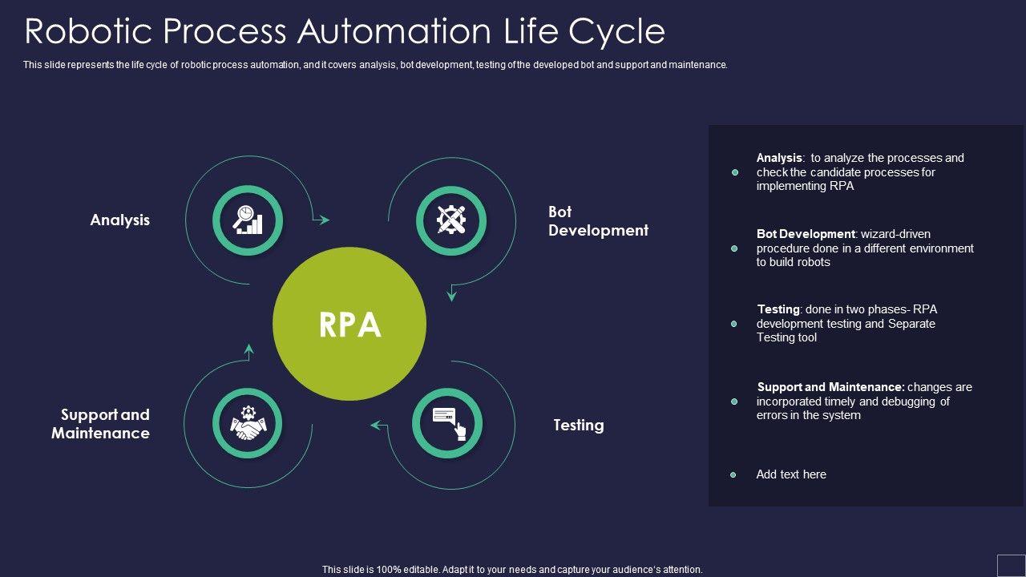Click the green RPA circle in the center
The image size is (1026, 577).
tap(349, 324)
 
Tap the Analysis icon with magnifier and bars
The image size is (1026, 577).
tap(248, 220)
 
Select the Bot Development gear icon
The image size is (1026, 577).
tap(451, 220)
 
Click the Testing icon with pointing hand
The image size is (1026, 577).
tap(447, 423)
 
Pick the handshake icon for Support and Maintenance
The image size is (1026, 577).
tap(248, 423)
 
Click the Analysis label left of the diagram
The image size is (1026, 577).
tap(120, 220)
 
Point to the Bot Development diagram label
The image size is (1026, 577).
tap(598, 220)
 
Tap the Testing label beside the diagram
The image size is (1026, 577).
tap(579, 425)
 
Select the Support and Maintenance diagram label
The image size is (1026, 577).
tap(101, 424)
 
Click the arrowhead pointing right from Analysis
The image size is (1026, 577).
tap(324, 220)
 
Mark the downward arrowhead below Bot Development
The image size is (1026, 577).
tap(451, 296)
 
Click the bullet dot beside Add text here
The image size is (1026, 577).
tap(733, 475)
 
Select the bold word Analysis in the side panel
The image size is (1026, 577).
tap(779, 158)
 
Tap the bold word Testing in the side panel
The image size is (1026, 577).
tap(778, 309)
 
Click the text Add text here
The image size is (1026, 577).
tap(791, 474)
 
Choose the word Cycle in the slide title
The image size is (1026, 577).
tap(616, 31)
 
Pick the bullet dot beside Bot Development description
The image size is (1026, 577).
tap(734, 248)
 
